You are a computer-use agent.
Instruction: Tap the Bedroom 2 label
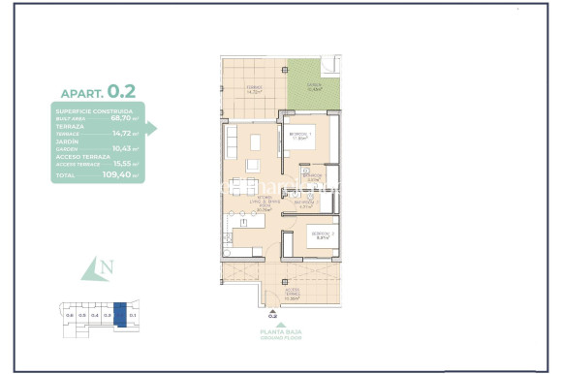coord(323,235)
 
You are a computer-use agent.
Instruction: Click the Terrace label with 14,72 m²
coord(254,89)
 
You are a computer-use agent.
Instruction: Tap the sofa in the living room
coord(232,143)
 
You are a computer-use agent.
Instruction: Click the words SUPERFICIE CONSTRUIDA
coord(86,111)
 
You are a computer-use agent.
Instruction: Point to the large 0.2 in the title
coord(121,91)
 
